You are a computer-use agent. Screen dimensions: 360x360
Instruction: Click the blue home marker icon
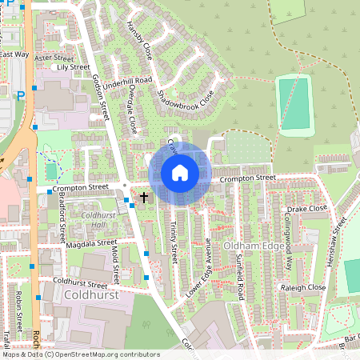[x=180, y=173]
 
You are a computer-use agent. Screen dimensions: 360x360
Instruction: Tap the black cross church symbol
[x=144, y=196]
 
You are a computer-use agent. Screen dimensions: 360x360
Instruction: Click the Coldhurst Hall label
[x=98, y=220]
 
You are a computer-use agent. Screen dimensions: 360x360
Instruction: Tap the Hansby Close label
[x=139, y=41]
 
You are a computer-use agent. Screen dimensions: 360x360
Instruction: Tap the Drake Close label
[x=307, y=208]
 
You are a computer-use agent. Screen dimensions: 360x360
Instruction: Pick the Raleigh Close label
[x=303, y=286]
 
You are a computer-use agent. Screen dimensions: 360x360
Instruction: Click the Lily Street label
[x=74, y=67]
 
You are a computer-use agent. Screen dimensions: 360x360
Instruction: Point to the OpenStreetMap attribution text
[x=80, y=354]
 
